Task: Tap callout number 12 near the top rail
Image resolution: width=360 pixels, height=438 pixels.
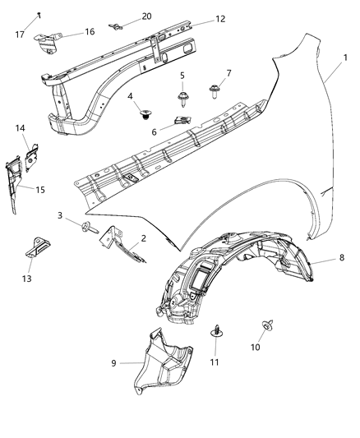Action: (197, 19)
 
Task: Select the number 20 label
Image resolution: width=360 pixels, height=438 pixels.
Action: (146, 16)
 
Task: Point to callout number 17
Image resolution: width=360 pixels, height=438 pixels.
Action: (21, 35)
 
